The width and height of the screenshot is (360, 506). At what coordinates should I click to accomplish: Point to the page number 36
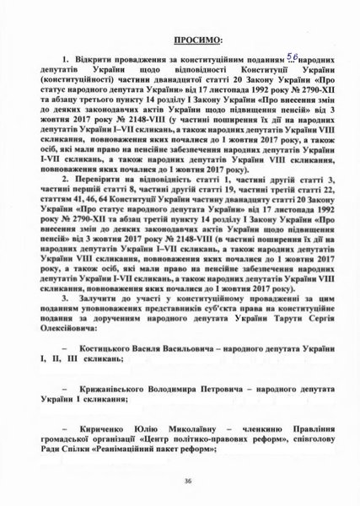pos(180,482)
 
